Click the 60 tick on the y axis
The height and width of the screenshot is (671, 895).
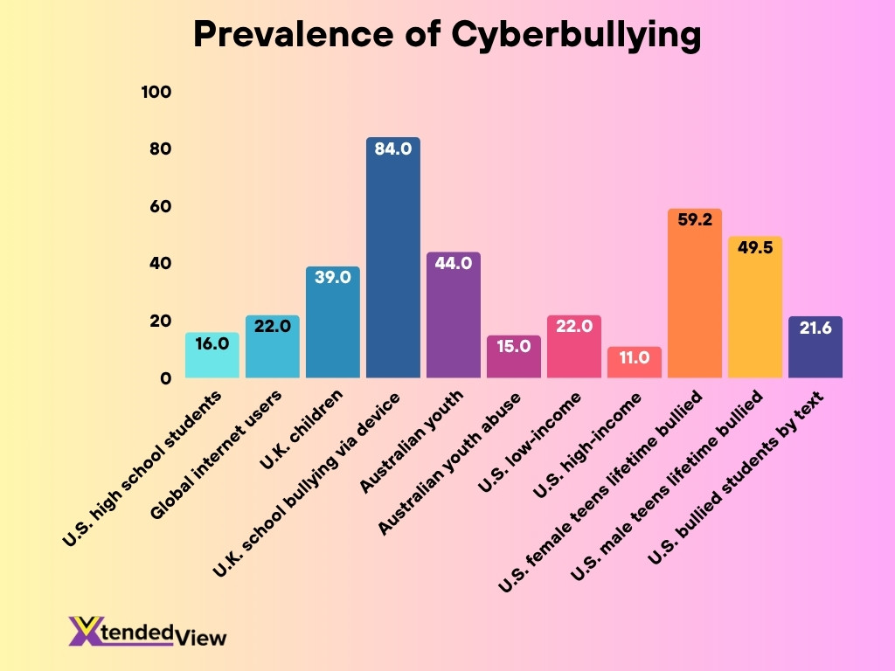tap(159, 207)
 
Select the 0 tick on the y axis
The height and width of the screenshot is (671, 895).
tap(165, 378)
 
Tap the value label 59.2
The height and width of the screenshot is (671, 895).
tap(694, 220)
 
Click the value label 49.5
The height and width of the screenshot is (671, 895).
tap(754, 248)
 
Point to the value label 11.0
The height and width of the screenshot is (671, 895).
tap(634, 357)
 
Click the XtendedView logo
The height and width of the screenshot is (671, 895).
tap(147, 631)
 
